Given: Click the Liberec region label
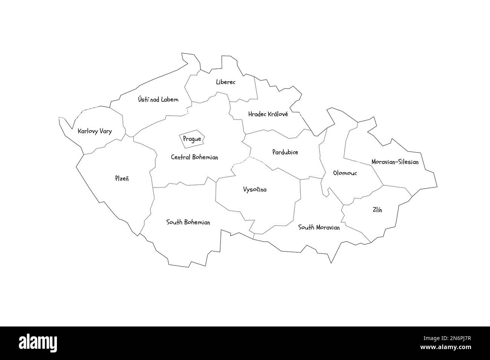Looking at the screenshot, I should pos(225,82).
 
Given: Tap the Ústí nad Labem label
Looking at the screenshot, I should pos(158,100).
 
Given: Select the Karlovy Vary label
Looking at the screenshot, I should pos(94,131).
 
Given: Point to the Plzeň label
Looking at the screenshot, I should pos(122,178).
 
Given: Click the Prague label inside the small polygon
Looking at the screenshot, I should pos(192,139).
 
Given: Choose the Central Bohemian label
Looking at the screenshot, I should pos(194,157).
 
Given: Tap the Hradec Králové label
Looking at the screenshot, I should pos(268,114).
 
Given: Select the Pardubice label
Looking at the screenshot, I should pos(285,153).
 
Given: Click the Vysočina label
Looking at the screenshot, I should pos(255,189).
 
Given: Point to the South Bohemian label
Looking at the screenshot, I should pos(188,223).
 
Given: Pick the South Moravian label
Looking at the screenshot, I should pos(319,227).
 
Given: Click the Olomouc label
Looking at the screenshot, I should pos(345,173).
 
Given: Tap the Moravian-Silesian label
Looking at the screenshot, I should pos(395,162).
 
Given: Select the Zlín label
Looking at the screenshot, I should pos(377,210).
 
